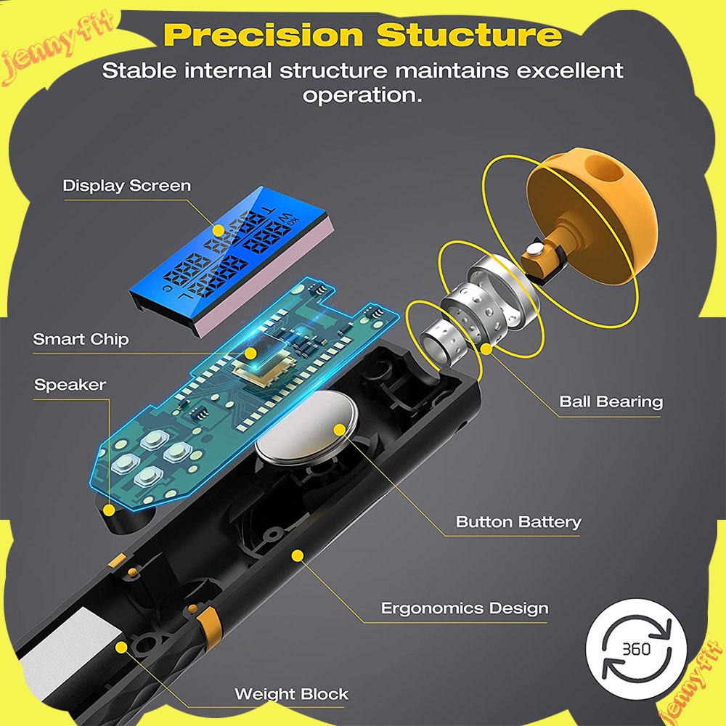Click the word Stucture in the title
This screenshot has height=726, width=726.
point(469,35)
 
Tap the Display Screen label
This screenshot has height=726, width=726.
point(127,185)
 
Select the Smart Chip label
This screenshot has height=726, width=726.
point(81,339)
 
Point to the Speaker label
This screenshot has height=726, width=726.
point(70,385)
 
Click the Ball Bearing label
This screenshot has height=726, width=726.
point(611,401)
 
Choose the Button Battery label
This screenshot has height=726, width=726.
point(518,521)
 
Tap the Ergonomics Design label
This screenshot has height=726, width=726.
point(465,608)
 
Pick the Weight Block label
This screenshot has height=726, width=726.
point(291,694)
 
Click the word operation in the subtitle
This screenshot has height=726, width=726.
point(362,95)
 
